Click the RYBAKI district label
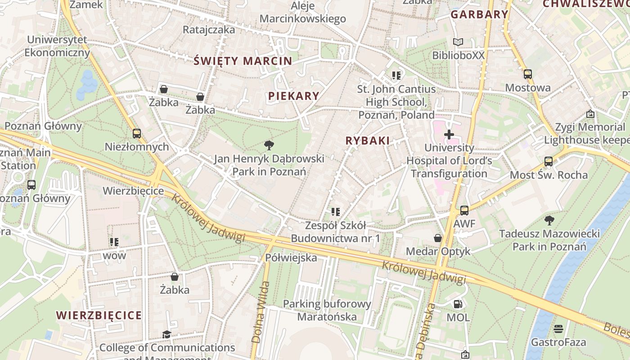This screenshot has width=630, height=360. pyautogui.click(x=367, y=140)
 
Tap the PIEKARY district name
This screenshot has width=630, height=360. pyautogui.click(x=293, y=96)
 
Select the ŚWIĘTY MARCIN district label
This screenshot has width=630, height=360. pyautogui.click(x=243, y=61)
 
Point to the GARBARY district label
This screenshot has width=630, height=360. pyautogui.click(x=479, y=14)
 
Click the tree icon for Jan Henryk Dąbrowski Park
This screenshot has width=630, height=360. pyautogui.click(x=269, y=145)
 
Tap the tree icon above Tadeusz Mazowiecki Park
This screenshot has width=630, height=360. pyautogui.click(x=549, y=220)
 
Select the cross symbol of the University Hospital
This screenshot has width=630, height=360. pyautogui.click(x=449, y=135)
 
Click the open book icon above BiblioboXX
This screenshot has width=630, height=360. pyautogui.click(x=458, y=42)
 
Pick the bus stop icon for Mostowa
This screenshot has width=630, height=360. pyautogui.click(x=528, y=74)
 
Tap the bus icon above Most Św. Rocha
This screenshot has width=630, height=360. pyautogui.click(x=549, y=162)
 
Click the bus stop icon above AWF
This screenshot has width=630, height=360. pyautogui.click(x=464, y=210)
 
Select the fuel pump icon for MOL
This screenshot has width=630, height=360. pyautogui.click(x=458, y=304)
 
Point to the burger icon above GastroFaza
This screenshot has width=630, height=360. pyautogui.click(x=558, y=328)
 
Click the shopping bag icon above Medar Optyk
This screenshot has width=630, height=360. pyautogui.click(x=437, y=238)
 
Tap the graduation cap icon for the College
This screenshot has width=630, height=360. pyautogui.click(x=166, y=334)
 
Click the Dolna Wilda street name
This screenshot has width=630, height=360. pyautogui.click(x=261, y=312)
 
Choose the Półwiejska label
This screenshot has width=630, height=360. pyautogui.click(x=291, y=258)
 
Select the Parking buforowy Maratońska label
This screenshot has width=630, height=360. pyautogui.click(x=327, y=310)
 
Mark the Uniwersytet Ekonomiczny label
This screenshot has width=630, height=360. pyautogui.click(x=57, y=46)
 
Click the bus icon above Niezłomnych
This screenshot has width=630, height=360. pyautogui.click(x=136, y=134)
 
